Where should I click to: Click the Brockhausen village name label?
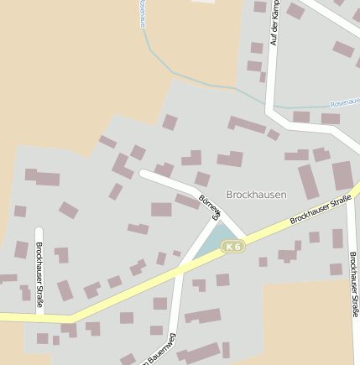coord(256,194)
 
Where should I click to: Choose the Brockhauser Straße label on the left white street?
coord(39,272)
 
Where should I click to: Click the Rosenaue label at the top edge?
coord(142,12)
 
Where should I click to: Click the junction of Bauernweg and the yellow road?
coord(179,269)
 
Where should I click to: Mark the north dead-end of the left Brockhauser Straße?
coord(39,230)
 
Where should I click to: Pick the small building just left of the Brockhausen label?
coord(202,179)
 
